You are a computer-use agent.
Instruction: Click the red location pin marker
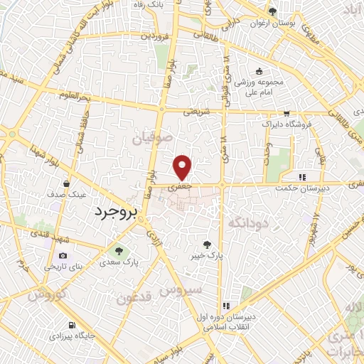183,166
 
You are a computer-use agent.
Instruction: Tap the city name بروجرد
113,212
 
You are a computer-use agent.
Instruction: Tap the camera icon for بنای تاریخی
63,255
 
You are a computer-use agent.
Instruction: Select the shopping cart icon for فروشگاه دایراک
286,113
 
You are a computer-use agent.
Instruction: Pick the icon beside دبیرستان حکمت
302,177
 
